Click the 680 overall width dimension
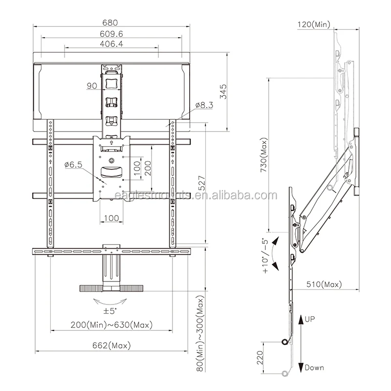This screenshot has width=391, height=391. point(110,22)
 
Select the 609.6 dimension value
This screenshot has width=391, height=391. point(111,34)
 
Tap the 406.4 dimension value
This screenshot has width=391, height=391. point(111,43)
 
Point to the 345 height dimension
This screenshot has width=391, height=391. point(223,91)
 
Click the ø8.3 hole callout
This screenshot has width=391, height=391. point(204,105)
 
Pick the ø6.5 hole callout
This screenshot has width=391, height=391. point(73,164)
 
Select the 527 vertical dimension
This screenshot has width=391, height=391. point(201,183)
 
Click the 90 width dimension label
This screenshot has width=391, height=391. point(92,86)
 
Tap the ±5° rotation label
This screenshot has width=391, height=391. point(110,311)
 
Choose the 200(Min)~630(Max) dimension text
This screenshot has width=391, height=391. point(111,325)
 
